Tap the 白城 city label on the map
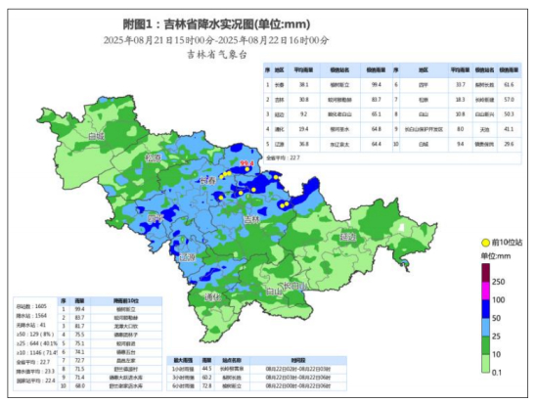point(95,136)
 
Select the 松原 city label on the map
point(152,157)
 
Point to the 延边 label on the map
point(348,236)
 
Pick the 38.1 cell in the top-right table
point(304,85)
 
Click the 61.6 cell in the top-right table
point(509,85)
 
